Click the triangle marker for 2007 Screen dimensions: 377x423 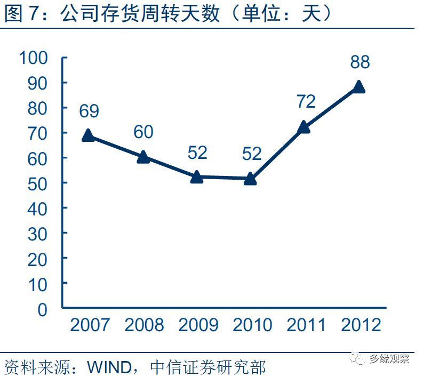click(89, 135)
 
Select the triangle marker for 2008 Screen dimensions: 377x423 click(143, 157)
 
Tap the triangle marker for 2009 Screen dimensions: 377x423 click(197, 177)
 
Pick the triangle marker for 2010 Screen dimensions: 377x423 click(251, 179)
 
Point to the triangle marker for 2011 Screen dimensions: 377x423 click(305, 127)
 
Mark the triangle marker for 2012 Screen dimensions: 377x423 click(358, 87)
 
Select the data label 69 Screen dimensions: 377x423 click(89, 111)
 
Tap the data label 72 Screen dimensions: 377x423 click(306, 101)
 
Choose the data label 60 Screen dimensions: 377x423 click(143, 132)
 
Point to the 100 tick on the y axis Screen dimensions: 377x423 click(34, 58)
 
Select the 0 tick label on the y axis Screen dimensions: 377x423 click(43, 309)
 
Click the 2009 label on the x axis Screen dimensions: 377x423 click(198, 325)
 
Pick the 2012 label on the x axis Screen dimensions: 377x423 click(360, 325)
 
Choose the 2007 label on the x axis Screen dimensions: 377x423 click(90, 325)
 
